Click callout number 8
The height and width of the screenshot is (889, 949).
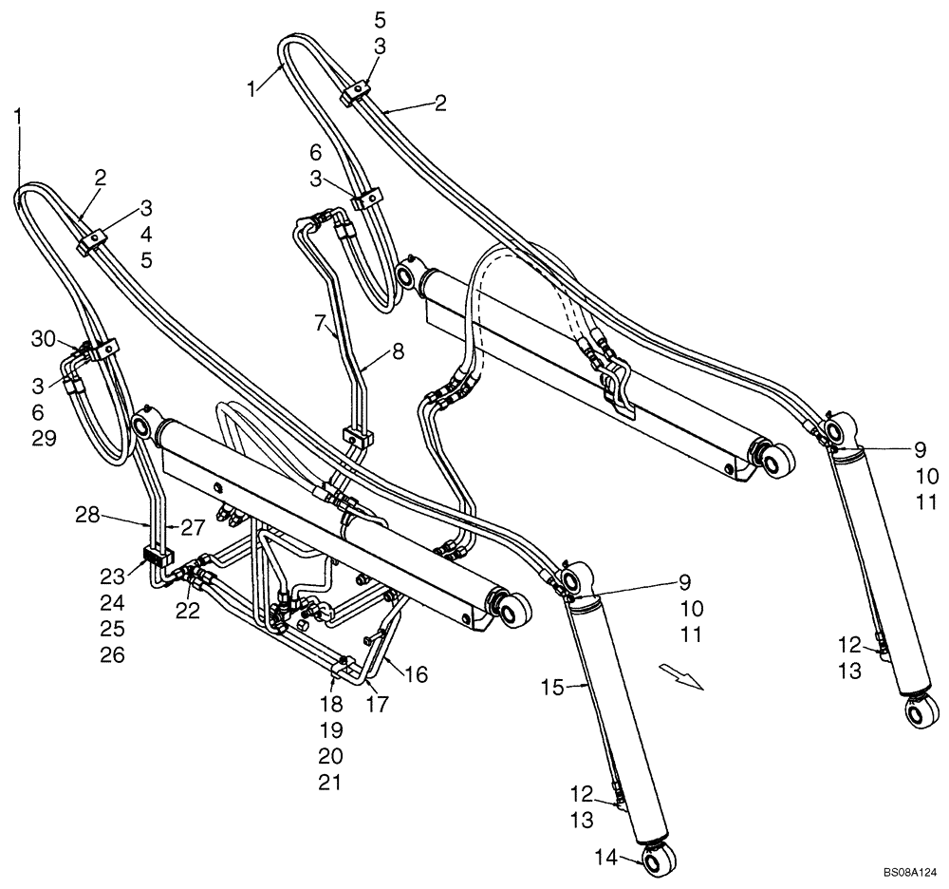pyautogui.click(x=398, y=352)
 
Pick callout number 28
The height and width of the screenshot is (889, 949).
pyautogui.click(x=88, y=516)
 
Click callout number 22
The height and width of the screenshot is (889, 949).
pyautogui.click(x=188, y=612)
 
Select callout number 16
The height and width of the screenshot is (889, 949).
pyautogui.click(x=416, y=674)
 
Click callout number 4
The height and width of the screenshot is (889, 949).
pyautogui.click(x=147, y=233)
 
